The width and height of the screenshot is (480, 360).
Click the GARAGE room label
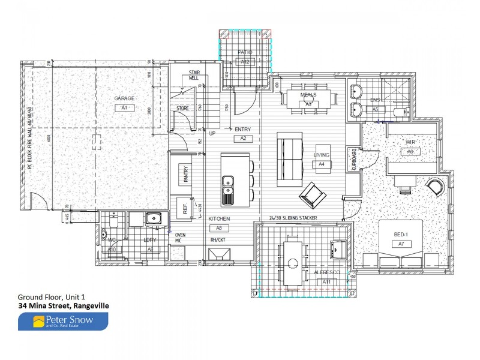pyautogui.click(x=124, y=98)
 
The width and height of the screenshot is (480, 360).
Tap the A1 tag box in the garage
pyautogui.click(x=124, y=108)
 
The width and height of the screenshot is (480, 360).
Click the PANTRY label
pyautogui.click(x=187, y=176)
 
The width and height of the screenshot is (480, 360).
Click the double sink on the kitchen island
pyautogui.click(x=228, y=188)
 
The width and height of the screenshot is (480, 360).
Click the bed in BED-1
pyautogui.click(x=401, y=244)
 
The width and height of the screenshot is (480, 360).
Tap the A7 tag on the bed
pyautogui.click(x=401, y=244)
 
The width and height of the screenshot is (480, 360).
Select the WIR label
pyautogui.click(x=410, y=142)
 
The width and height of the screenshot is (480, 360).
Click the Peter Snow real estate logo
pyautogui.click(x=63, y=322)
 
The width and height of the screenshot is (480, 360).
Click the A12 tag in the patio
pyautogui.click(x=245, y=62)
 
